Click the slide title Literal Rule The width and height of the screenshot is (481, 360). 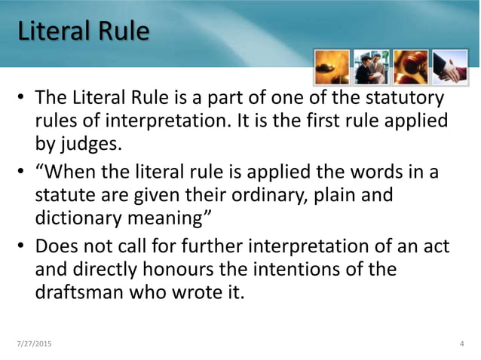pos(82,32)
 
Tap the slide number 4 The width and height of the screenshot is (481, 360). pos(461,344)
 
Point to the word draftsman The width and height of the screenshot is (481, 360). pos(84,291)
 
